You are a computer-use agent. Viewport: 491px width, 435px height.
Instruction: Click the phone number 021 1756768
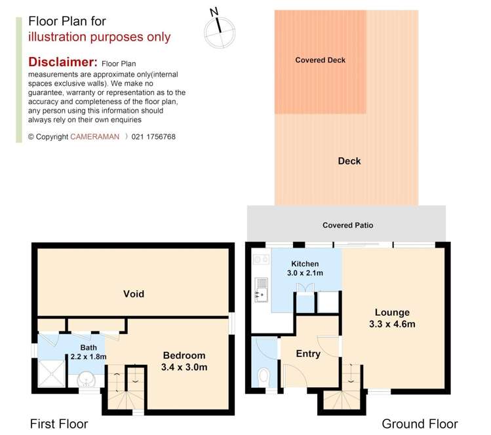(x=153, y=137)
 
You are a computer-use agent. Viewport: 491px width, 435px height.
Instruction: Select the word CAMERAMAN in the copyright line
(x=95, y=137)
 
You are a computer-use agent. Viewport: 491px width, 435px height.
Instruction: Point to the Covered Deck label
(x=320, y=60)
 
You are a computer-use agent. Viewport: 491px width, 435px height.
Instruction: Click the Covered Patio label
(x=347, y=225)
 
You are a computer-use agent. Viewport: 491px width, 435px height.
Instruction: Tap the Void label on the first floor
(x=134, y=294)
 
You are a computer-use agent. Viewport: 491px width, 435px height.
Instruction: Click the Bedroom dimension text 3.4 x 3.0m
(x=184, y=368)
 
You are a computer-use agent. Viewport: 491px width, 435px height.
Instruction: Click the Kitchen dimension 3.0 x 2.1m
(x=305, y=273)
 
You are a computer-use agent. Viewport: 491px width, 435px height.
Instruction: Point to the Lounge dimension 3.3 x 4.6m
(x=393, y=324)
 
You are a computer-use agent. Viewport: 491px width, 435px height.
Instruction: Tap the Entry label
(x=308, y=354)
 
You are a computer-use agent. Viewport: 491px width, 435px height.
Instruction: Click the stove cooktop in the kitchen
(x=261, y=259)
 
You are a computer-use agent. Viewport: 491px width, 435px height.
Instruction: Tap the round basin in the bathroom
(x=86, y=381)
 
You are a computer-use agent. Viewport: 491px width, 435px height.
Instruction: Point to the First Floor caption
(x=59, y=424)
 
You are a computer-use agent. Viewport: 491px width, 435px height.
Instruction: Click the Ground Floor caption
(x=420, y=424)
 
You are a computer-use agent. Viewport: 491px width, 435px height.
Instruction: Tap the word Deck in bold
(x=349, y=161)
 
